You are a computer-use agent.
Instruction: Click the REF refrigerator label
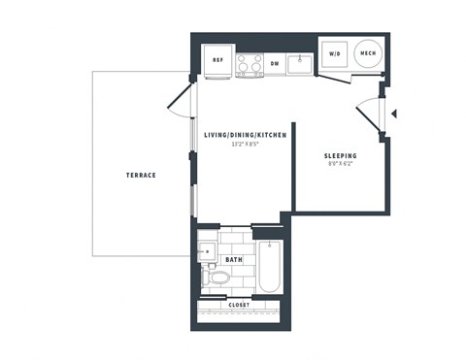(x=218, y=60)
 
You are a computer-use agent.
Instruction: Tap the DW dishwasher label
(x=275, y=64)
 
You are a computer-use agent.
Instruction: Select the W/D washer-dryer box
(x=335, y=54)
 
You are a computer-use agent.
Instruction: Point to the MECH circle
(x=368, y=54)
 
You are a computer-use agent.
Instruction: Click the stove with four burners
(x=248, y=64)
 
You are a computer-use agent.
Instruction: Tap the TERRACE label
(x=141, y=176)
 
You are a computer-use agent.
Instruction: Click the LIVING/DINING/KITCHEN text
(x=245, y=136)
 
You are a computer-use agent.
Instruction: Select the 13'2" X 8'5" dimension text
(x=245, y=146)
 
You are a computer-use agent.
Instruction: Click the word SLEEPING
(x=340, y=155)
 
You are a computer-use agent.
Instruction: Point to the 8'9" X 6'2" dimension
(x=340, y=164)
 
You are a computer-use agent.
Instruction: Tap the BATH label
(x=234, y=260)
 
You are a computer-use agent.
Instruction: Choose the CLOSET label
(x=239, y=305)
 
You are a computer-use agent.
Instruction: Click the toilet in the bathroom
(x=218, y=278)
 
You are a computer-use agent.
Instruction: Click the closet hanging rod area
(x=239, y=313)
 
